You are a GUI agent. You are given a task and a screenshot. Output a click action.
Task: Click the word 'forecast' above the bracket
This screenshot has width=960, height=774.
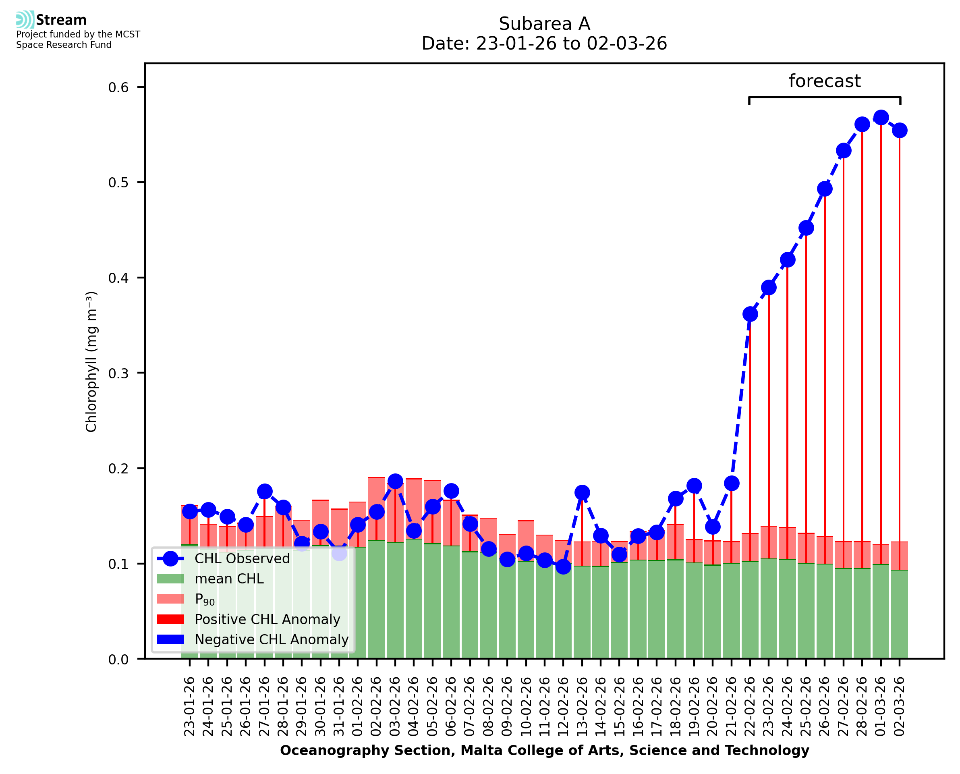[x=824, y=81]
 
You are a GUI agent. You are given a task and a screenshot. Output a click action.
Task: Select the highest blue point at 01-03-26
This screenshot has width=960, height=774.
[x=881, y=118]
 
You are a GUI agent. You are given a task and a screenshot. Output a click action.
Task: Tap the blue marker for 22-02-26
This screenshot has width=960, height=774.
[x=750, y=314]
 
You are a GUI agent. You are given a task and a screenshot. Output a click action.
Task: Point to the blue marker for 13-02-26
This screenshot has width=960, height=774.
[x=582, y=493]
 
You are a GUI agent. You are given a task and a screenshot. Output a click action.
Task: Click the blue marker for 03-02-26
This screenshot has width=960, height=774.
[x=395, y=481]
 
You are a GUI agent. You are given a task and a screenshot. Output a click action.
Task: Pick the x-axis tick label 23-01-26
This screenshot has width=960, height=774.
[x=190, y=706]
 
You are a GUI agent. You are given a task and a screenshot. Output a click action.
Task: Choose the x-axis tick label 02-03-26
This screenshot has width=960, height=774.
[x=900, y=706]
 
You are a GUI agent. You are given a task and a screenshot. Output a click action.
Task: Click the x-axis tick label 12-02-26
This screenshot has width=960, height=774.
[x=563, y=706]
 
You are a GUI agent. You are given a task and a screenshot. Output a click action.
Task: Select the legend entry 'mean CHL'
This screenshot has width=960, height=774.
[x=229, y=579]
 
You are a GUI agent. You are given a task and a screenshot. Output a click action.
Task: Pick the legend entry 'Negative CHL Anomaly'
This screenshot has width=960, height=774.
[x=272, y=639]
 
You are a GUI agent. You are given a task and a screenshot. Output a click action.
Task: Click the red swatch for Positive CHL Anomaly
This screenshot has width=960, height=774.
[x=170, y=619]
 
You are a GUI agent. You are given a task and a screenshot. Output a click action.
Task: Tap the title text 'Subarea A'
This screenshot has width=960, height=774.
[x=544, y=24]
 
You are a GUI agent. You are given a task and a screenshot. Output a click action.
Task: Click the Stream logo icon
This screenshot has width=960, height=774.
[x=25, y=20]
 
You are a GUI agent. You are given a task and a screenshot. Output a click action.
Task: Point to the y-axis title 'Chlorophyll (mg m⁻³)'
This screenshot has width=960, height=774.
[x=91, y=361]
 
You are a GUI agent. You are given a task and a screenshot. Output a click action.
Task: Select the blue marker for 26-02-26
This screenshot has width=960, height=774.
[x=825, y=189]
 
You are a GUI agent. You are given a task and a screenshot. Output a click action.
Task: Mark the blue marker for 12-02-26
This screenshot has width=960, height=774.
[x=563, y=566]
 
